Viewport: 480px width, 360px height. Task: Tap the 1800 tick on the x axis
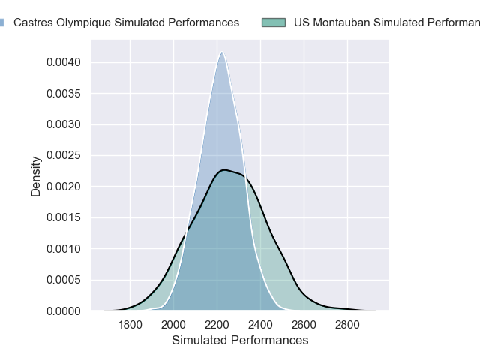130,325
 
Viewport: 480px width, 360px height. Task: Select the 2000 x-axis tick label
174,325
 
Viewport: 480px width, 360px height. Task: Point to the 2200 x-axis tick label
217,325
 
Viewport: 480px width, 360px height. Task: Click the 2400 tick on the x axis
261,325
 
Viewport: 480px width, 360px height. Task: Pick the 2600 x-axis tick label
304,325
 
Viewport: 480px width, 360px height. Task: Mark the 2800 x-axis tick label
348,325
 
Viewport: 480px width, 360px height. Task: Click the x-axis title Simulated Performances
240,340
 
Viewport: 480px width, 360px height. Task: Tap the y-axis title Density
36,181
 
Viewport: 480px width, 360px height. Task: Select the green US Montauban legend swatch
274,22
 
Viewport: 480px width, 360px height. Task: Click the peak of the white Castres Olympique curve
221,52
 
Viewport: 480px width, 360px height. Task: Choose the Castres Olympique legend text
126,22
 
